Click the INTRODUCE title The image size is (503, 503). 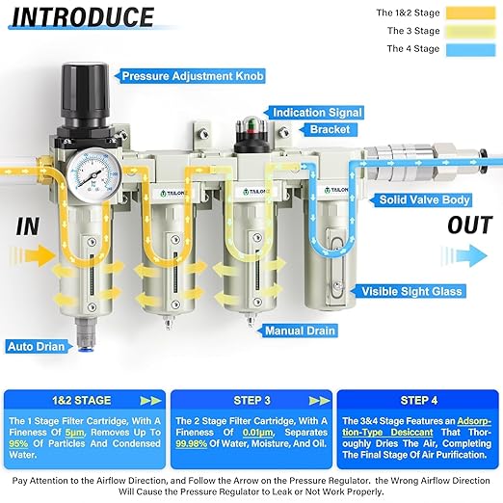84,17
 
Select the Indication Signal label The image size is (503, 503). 319,113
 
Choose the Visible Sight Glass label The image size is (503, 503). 412,290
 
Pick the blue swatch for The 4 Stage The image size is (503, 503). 469,48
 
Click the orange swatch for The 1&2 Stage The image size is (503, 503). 469,13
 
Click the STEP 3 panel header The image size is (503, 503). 251,398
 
